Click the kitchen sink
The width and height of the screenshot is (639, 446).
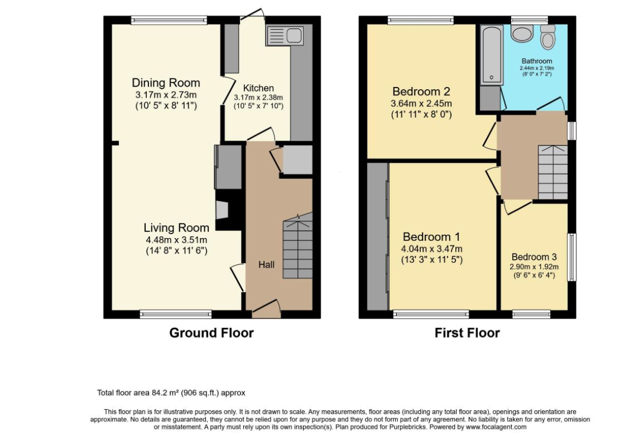pyautogui.click(x=285, y=36)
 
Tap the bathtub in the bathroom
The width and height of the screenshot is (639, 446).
pyautogui.click(x=492, y=55)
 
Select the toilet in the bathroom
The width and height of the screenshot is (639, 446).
pyautogui.click(x=548, y=37)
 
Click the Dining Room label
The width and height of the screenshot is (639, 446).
pyautogui.click(x=166, y=83)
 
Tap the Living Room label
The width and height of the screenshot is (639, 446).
pyautogui.click(x=176, y=228)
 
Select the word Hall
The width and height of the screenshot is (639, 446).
pyautogui.click(x=267, y=265)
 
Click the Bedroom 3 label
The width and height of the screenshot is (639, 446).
pyautogui.click(x=534, y=257)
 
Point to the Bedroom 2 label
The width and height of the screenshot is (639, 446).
pyautogui.click(x=421, y=91)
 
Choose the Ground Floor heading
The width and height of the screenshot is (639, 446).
pyautogui.click(x=212, y=333)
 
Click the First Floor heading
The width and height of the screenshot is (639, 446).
pyautogui.click(x=467, y=333)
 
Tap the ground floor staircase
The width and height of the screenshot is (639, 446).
pyautogui.click(x=298, y=246)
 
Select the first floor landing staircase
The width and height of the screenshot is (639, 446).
pyautogui.click(x=553, y=172)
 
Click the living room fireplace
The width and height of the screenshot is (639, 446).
pyautogui.click(x=222, y=210)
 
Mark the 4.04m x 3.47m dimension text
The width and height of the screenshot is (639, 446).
pyautogui.click(x=432, y=249)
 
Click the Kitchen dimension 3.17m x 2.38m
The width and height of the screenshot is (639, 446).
pyautogui.click(x=258, y=98)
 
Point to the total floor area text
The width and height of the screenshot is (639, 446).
pyautogui.click(x=171, y=393)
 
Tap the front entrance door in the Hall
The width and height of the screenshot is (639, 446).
pyautogui.click(x=267, y=309)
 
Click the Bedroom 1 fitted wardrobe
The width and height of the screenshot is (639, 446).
pyautogui.click(x=377, y=236)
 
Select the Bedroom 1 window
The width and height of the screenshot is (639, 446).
pyautogui.click(x=431, y=314)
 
